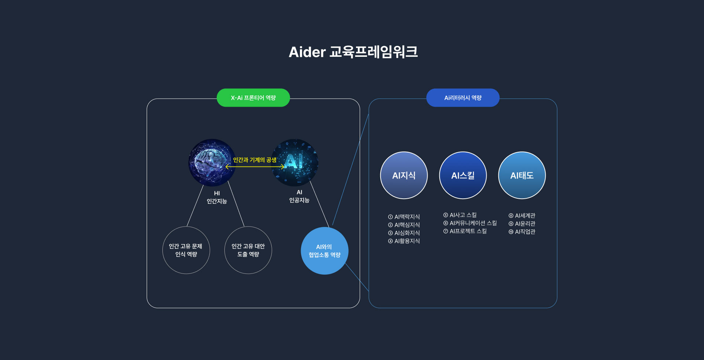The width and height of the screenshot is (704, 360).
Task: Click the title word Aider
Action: click(x=307, y=52)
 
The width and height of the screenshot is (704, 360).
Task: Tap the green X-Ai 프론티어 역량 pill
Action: click(x=253, y=98)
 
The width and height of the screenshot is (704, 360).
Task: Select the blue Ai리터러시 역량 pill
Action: click(x=463, y=98)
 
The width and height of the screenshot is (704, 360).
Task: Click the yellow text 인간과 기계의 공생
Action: click(x=254, y=160)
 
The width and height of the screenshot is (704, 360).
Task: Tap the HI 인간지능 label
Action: click(x=217, y=197)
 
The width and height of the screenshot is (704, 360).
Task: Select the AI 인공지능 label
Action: click(x=299, y=196)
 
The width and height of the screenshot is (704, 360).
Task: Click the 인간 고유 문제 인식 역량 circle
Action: click(x=186, y=250)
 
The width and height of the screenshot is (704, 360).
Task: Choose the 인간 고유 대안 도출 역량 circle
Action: click(x=248, y=250)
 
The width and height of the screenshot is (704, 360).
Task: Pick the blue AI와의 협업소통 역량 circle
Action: click(x=324, y=251)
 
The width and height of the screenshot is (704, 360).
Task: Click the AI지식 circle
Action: click(x=404, y=175)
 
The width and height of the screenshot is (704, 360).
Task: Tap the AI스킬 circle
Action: click(x=463, y=175)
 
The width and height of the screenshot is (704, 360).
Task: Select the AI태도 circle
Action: click(x=522, y=175)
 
